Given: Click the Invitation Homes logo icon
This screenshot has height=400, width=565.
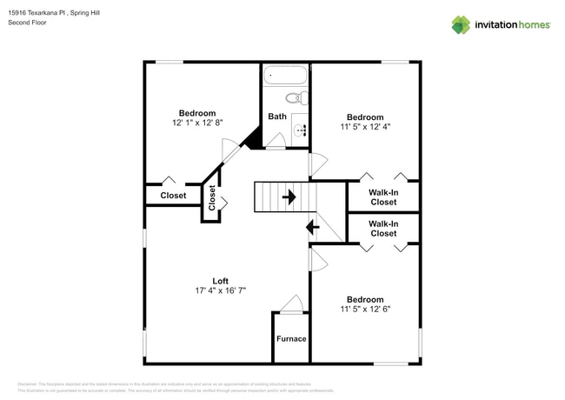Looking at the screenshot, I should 461,24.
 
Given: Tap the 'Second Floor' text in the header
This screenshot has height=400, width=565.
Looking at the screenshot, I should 27,23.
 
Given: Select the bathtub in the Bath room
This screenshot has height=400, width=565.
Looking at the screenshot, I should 286,76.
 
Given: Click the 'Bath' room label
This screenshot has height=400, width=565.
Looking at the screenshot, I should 277,117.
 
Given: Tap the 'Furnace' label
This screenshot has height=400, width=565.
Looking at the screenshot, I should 291,338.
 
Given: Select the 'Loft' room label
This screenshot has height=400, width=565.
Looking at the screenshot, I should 221,281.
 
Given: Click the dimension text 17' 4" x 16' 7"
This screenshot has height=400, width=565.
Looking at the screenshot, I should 221,291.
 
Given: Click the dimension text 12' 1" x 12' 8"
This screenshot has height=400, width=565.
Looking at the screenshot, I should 197,123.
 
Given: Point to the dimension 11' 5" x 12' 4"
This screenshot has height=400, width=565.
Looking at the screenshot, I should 365,128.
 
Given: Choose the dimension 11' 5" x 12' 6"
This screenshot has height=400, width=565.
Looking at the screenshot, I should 365,308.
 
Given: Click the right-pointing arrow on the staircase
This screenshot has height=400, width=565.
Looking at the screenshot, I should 288,197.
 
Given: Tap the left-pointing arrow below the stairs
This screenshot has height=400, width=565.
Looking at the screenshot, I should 311,228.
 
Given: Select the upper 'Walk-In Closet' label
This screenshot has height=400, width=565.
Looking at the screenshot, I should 383,197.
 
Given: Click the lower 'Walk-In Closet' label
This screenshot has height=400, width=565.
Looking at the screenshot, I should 383,229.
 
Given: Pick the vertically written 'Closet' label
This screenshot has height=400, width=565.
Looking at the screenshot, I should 211,197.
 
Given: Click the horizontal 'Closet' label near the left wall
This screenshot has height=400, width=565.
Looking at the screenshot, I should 173,196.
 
